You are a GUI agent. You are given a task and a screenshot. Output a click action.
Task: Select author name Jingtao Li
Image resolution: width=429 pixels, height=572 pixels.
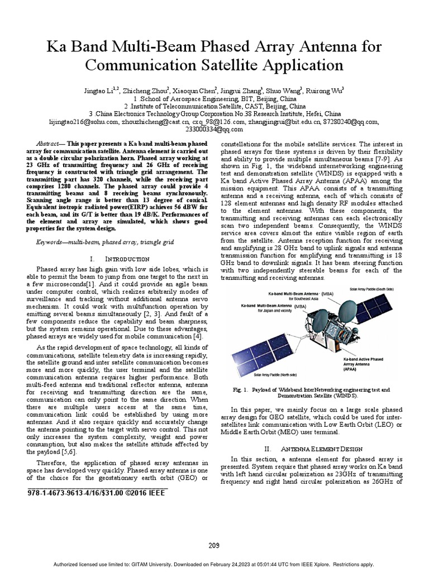(x=99, y=89)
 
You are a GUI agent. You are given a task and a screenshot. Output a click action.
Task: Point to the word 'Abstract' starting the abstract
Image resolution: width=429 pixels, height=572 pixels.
(x=47, y=144)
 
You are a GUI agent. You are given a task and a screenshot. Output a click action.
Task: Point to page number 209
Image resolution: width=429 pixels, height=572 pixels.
(x=214, y=545)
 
